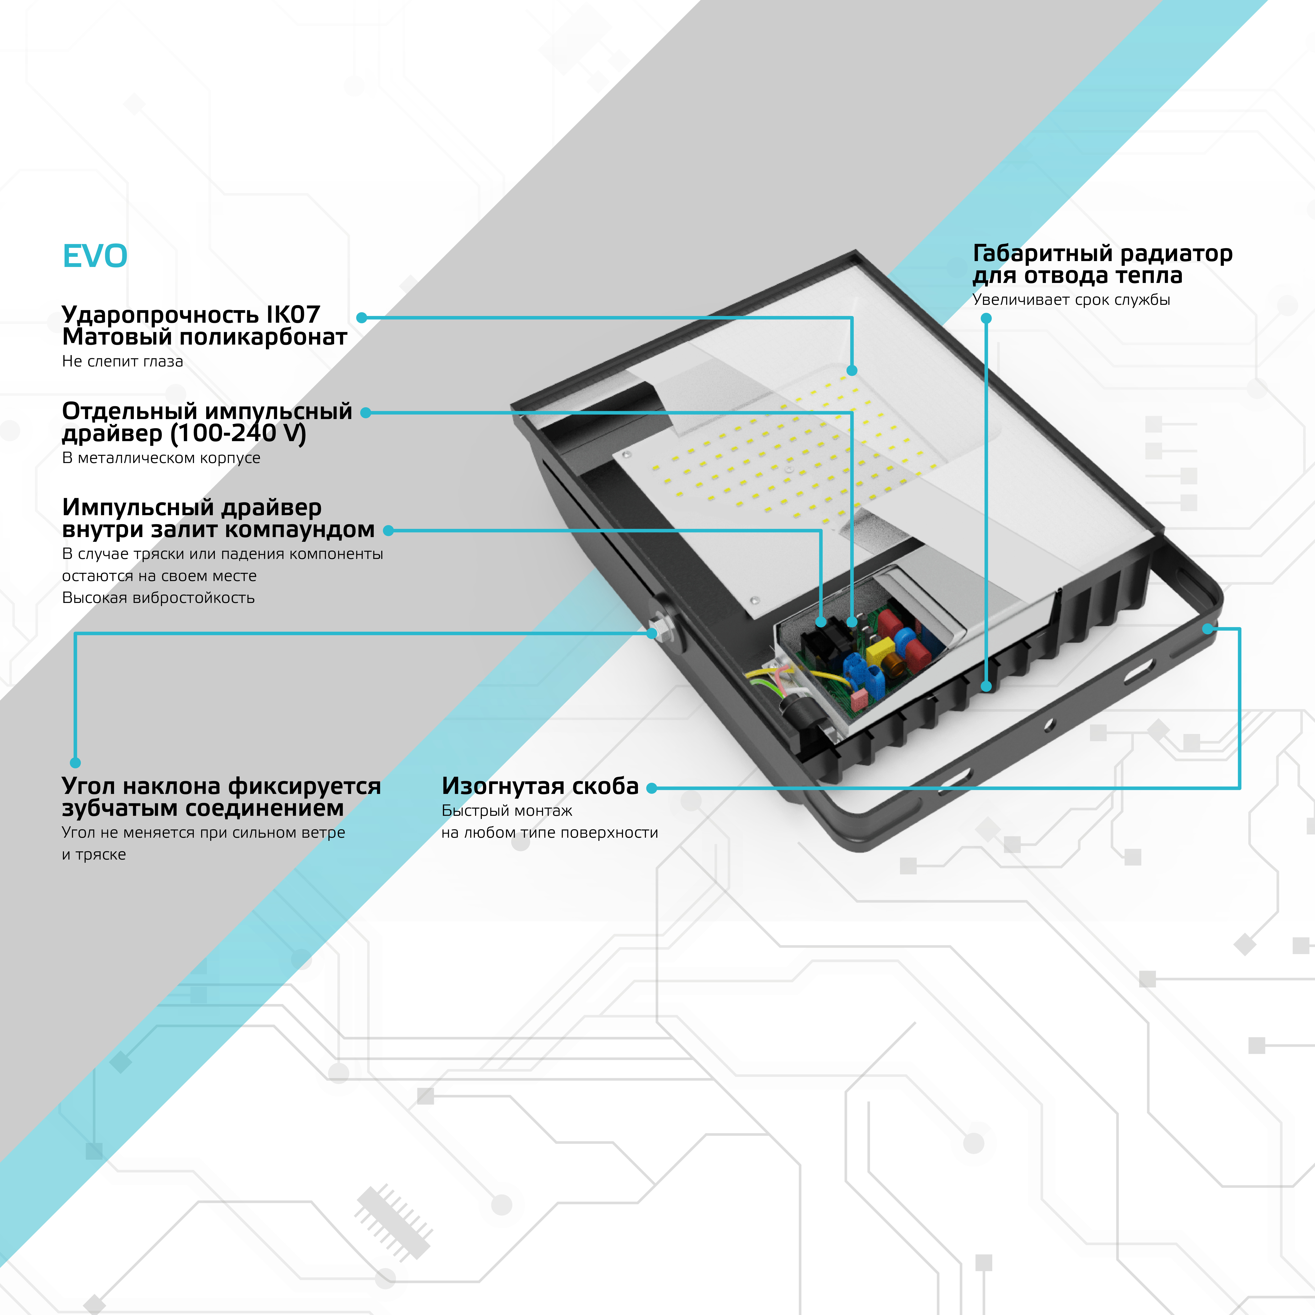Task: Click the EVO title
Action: tap(95, 256)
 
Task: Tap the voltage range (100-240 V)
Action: tap(238, 433)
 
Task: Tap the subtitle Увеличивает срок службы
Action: tap(1071, 300)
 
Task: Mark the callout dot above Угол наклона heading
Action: tap(76, 763)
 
